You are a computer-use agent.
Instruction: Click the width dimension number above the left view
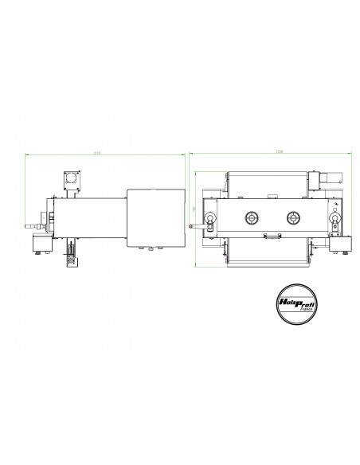point(98,151)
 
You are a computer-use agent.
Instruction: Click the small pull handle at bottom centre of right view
point(272,236)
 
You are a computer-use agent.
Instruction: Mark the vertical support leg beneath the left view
point(70,253)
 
